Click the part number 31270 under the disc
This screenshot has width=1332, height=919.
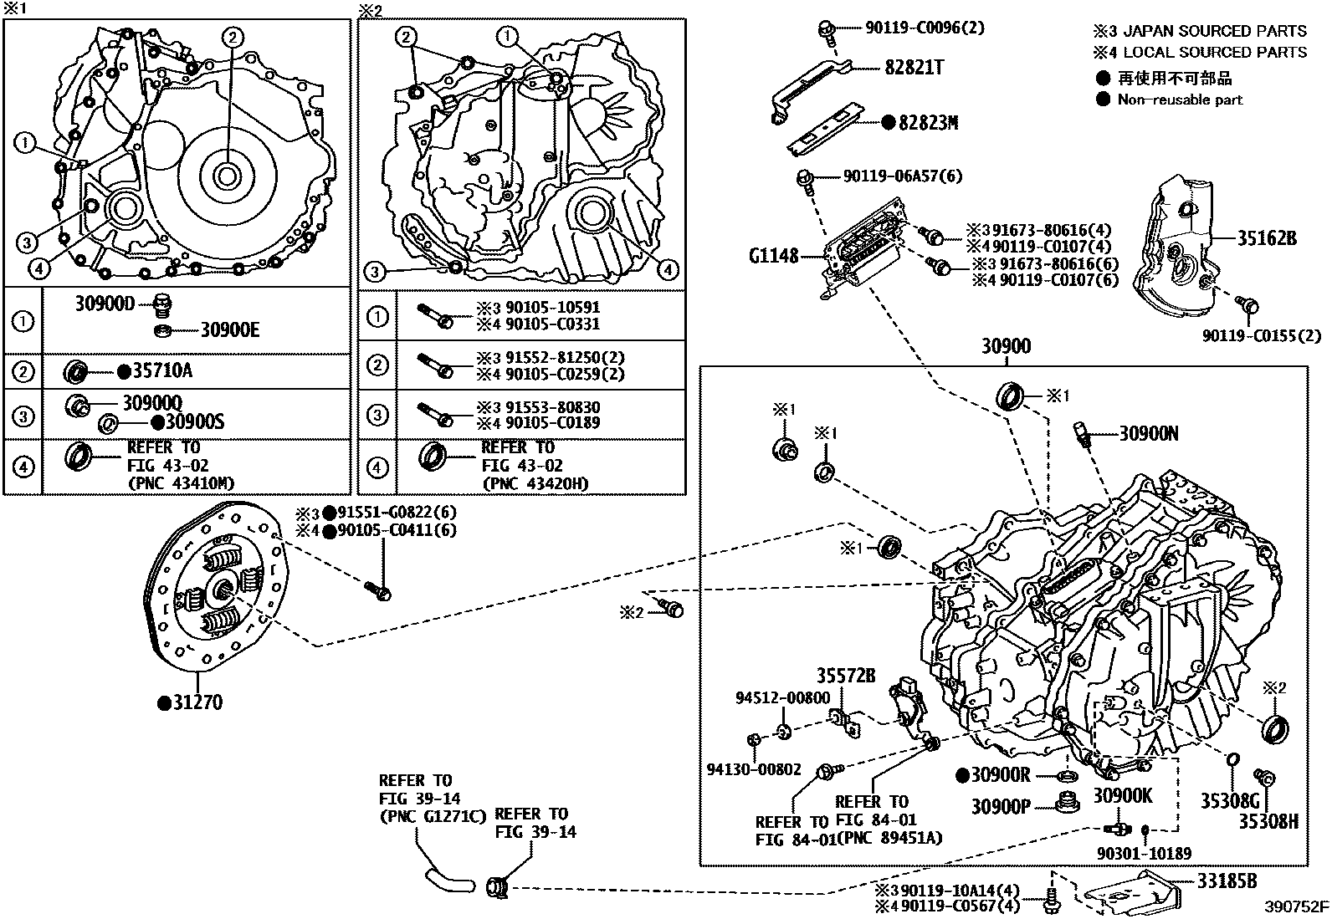coord(197,702)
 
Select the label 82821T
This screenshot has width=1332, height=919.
coord(914,68)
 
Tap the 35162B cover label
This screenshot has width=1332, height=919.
coord(1267,238)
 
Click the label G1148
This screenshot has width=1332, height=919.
coord(774,257)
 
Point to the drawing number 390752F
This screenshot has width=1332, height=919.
coord(1296,906)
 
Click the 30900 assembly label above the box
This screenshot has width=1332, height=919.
coord(1005,346)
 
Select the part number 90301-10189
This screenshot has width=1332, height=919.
coord(1144,854)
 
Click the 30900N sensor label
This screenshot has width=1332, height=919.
coord(1149,433)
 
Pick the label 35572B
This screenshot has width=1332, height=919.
coord(846,676)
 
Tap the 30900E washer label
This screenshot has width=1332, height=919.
coord(229,330)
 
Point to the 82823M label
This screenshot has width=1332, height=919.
coord(928,123)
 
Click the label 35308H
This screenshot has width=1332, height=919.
coord(1268,822)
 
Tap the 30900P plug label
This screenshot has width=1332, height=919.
coord(1001,806)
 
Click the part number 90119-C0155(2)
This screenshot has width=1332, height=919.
coord(1262,336)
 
